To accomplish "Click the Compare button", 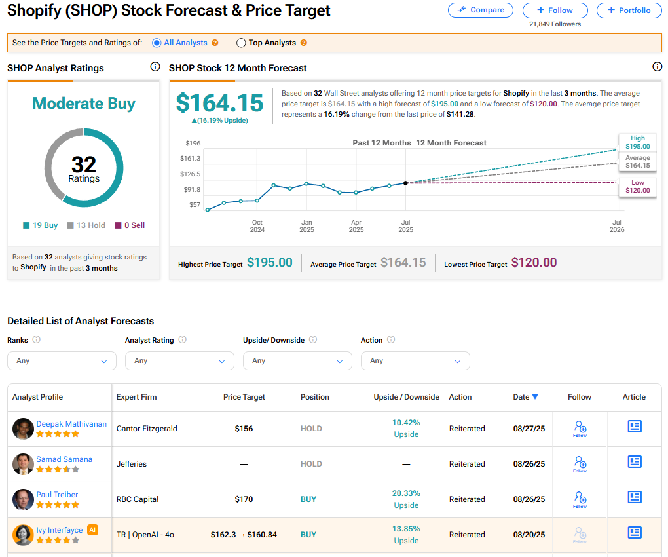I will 481,10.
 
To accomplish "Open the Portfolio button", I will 629,10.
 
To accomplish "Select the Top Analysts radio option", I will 241,43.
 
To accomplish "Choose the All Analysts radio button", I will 157,43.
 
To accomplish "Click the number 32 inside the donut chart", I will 84,164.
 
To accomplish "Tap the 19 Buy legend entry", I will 41,225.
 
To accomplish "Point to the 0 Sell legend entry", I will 130,225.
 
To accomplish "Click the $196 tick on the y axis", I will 193,143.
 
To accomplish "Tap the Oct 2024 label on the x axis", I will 257,226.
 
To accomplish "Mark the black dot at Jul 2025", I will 405,183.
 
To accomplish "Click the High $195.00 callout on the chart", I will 637,142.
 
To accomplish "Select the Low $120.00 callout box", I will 637,187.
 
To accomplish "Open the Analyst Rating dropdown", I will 179,361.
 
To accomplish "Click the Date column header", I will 525,397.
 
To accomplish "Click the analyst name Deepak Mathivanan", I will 71,424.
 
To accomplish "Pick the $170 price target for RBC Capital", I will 244,499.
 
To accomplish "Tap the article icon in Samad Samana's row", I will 634,462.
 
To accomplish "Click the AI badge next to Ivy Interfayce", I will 92,529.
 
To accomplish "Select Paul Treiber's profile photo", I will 23,499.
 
